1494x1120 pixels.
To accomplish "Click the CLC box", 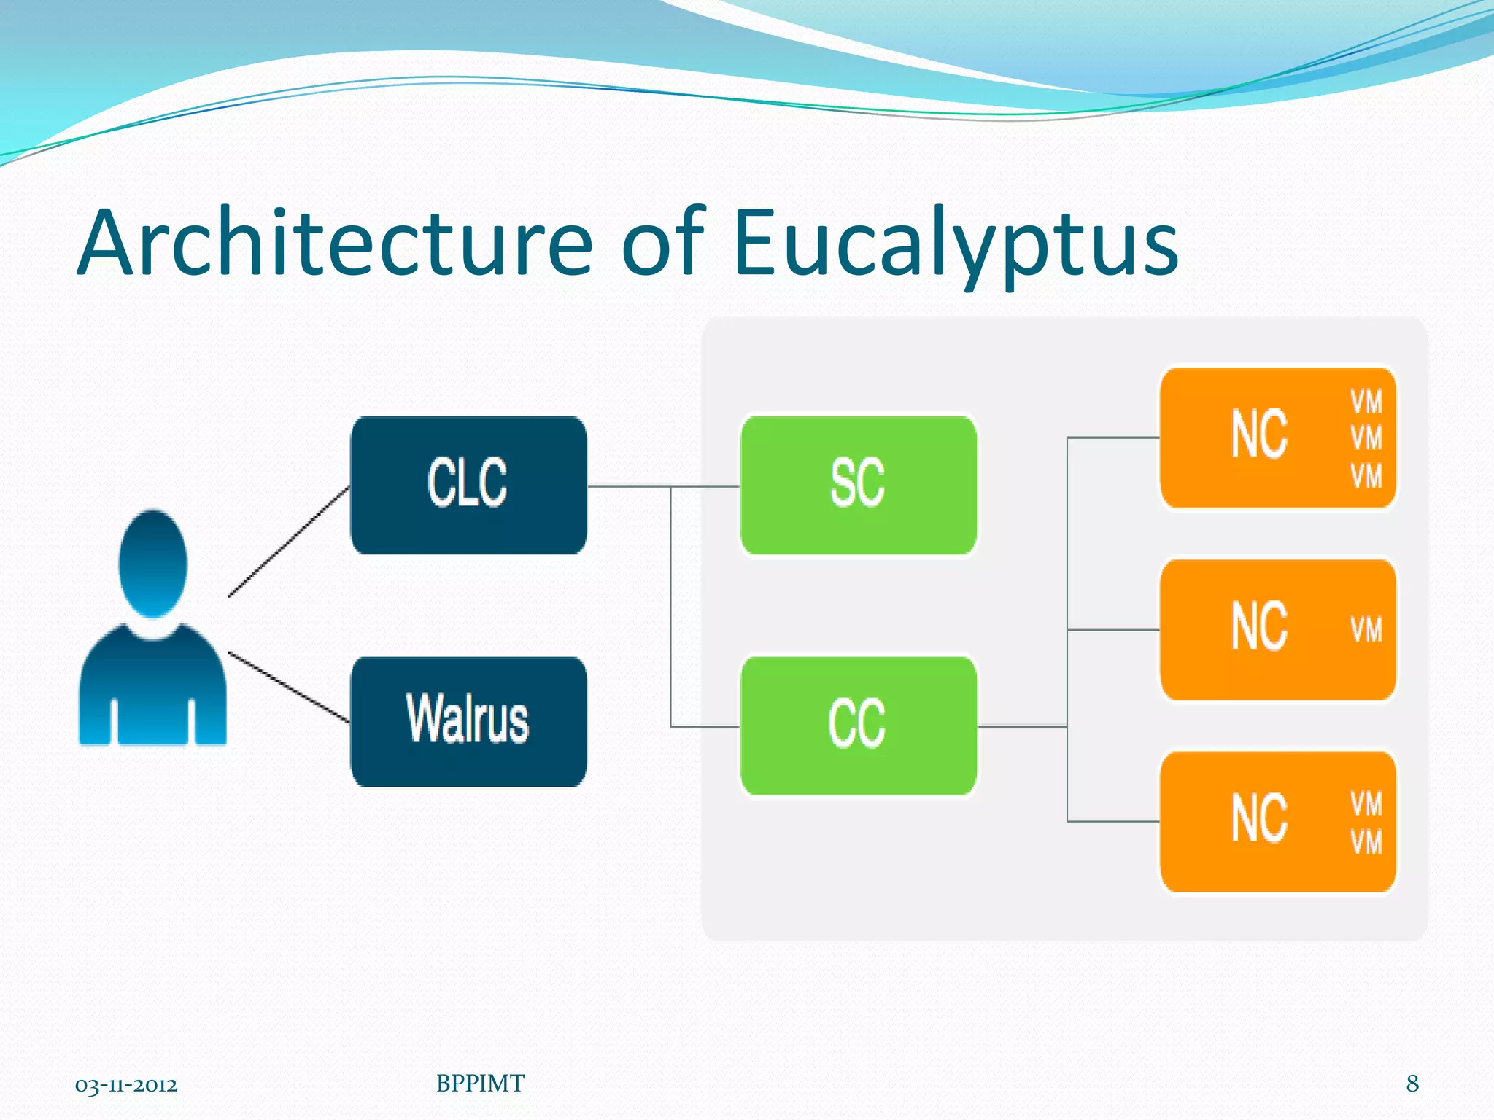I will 468,485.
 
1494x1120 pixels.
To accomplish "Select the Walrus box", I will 468,721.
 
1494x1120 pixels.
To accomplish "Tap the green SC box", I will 858,485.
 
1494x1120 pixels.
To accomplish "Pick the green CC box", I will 858,726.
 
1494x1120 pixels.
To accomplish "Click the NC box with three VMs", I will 1277,437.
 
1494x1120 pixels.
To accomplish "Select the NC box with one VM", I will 1277,629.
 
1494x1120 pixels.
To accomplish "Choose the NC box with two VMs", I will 1277,821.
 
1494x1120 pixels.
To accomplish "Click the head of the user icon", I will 152,564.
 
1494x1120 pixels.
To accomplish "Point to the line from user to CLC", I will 290,541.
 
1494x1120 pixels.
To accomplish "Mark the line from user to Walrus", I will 290,688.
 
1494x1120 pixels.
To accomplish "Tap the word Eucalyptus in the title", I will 955,244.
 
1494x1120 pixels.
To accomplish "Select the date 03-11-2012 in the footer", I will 126,1085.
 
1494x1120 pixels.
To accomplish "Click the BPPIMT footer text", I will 480,1084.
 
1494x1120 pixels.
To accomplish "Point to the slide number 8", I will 1412,1084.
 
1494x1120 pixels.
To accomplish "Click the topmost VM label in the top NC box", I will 1366,402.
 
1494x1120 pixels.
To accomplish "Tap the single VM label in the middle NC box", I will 1366,630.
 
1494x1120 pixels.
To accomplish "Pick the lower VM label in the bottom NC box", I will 1366,842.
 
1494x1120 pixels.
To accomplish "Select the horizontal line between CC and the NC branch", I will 1021,726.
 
